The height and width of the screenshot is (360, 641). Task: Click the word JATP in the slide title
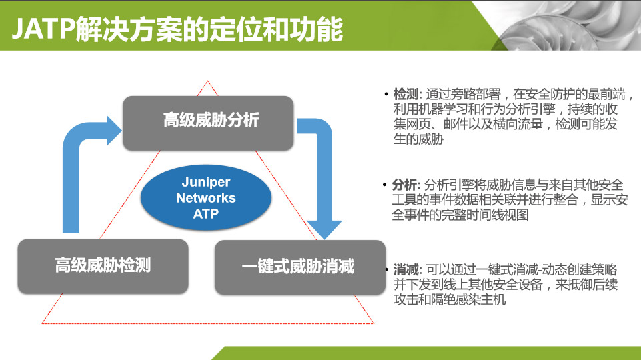point(43,29)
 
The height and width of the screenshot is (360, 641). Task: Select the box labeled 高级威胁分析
point(208,123)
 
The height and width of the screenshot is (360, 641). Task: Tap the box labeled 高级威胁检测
point(103,267)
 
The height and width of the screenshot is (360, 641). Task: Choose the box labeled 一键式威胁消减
point(300,267)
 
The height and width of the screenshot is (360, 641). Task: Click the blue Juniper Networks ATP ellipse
point(206,198)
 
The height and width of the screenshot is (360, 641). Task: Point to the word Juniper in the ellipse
point(206,182)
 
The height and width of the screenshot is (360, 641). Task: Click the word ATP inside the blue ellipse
point(206,214)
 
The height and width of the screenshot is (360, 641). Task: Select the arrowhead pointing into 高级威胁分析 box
point(115,131)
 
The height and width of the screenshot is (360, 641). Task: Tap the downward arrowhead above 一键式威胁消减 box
point(324,229)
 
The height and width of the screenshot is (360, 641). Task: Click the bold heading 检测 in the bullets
point(407,95)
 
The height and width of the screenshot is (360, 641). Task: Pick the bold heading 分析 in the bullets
point(405,185)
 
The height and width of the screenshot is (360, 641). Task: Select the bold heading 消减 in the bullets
point(407,270)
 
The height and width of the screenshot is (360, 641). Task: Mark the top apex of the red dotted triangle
point(207,81)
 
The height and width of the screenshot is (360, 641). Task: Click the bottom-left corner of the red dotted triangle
point(42,323)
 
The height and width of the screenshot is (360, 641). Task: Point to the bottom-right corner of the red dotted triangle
point(374,323)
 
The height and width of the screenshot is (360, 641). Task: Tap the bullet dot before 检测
point(386,95)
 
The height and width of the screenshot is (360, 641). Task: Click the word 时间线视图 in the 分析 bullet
point(498,215)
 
